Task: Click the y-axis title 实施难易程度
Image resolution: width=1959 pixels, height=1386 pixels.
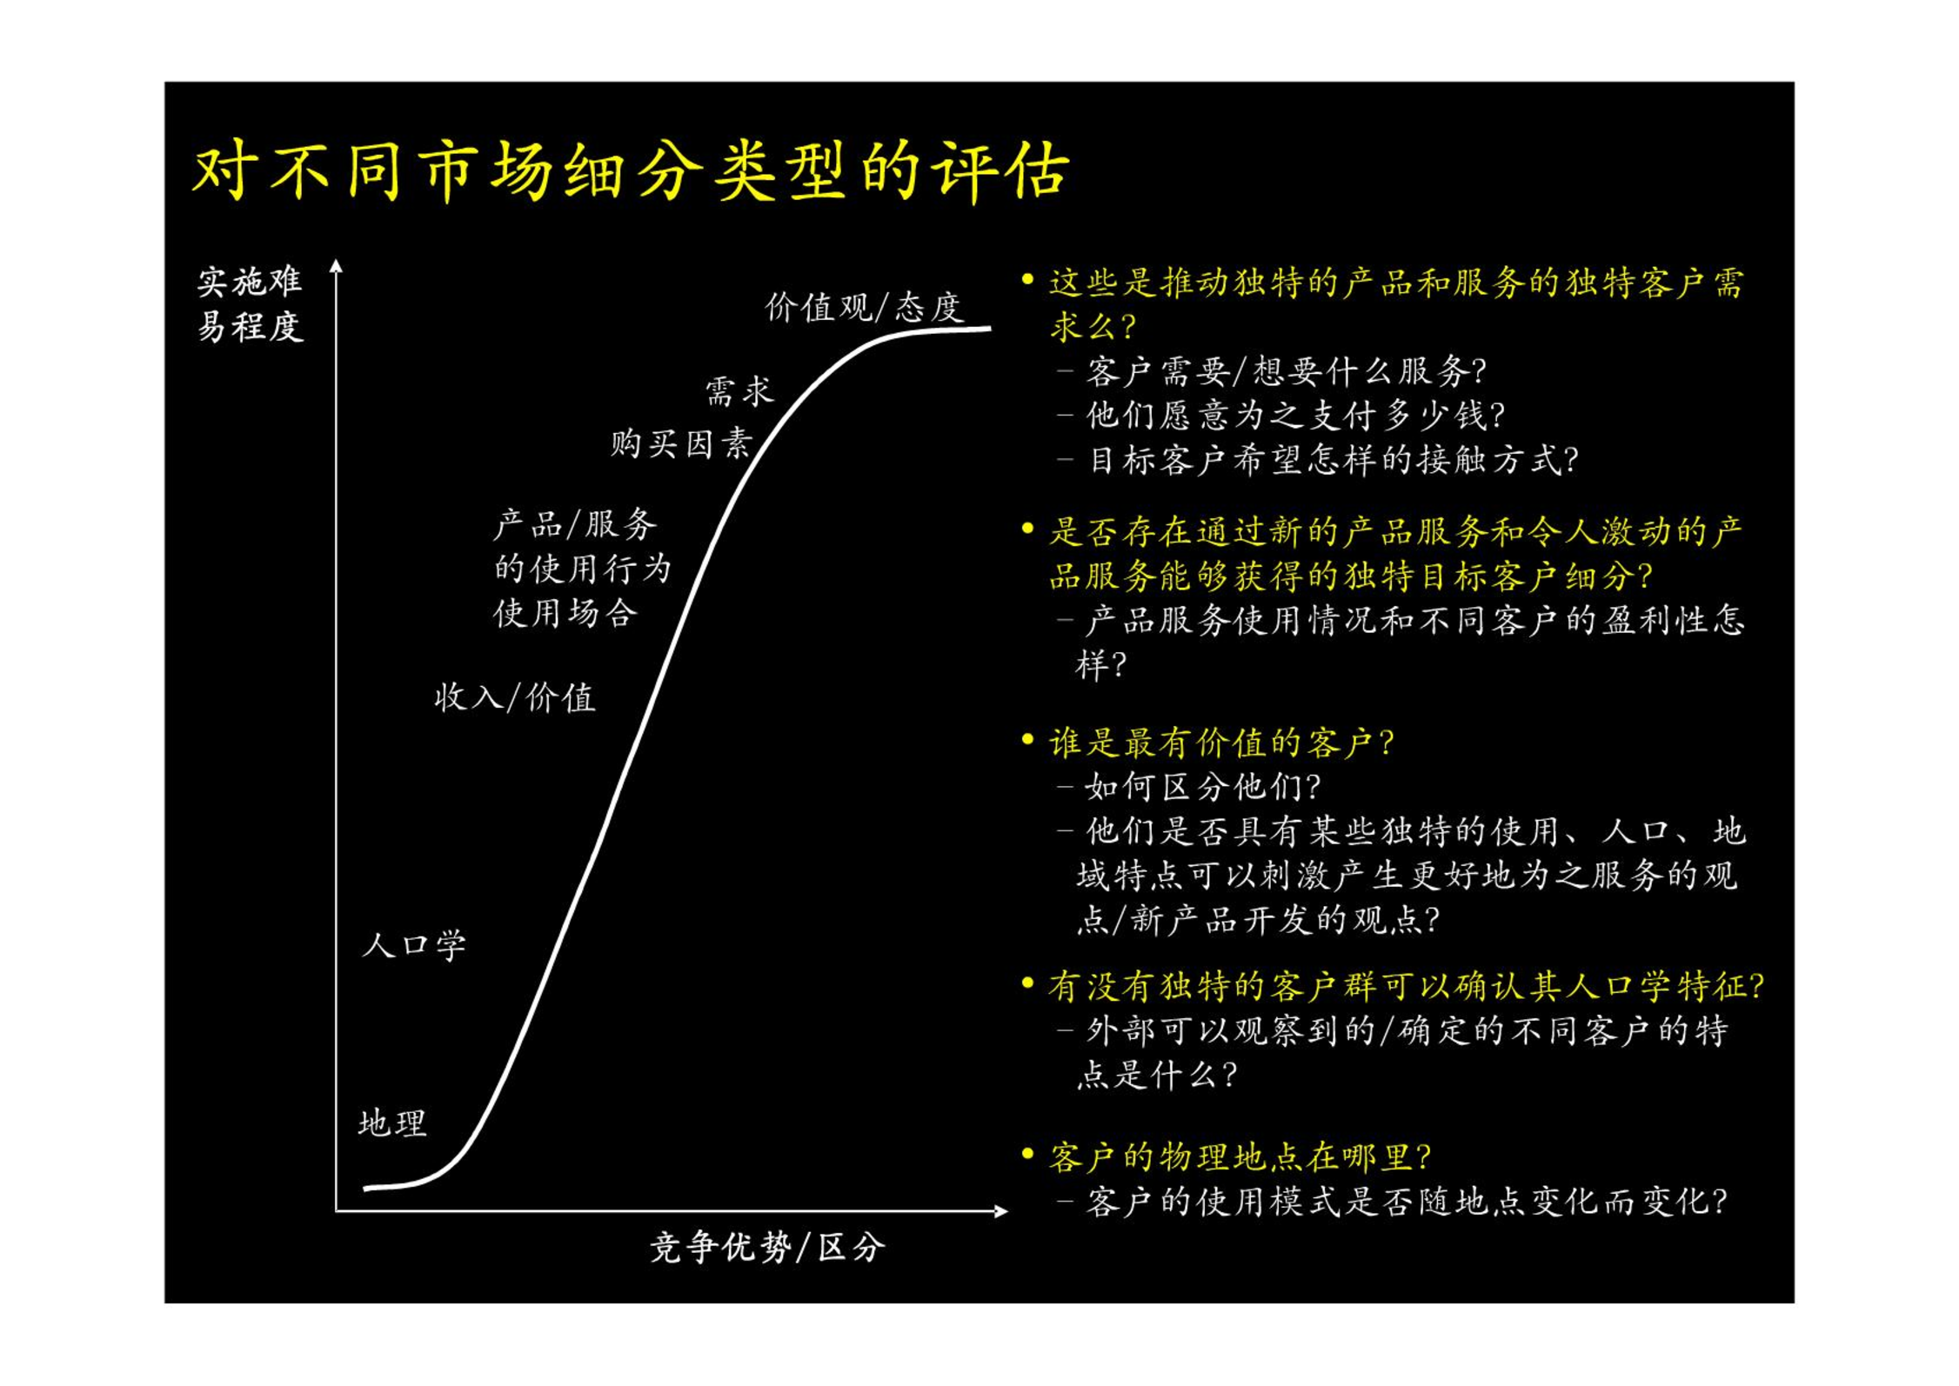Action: pos(251,304)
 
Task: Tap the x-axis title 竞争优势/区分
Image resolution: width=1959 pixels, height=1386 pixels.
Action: pos(768,1248)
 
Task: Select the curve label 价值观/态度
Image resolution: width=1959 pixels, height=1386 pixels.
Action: pos(865,308)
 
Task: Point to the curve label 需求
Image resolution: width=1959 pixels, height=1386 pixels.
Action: pos(739,391)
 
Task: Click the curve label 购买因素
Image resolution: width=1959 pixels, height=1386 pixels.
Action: pos(681,443)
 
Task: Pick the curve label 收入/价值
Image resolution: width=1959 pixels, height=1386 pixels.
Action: pos(515,697)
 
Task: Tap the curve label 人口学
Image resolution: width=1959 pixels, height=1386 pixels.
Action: pos(414,944)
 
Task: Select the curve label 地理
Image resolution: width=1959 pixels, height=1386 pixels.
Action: pos(392,1123)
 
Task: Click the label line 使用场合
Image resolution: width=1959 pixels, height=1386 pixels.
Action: pos(565,613)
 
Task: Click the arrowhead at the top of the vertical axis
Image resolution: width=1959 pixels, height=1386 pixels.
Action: pos(337,266)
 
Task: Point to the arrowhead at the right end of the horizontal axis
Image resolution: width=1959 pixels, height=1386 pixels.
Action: pos(1000,1210)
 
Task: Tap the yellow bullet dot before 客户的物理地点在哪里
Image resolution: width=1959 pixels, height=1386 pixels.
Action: pos(1028,1154)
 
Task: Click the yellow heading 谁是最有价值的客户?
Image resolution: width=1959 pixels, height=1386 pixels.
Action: pos(1221,743)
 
